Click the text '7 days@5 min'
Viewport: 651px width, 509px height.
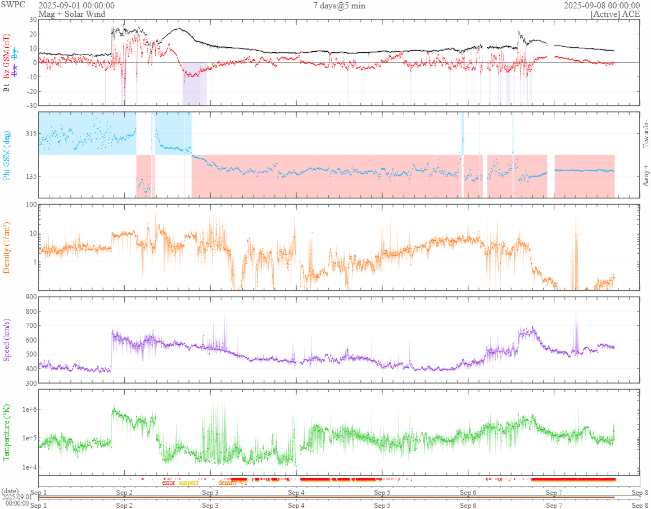339,6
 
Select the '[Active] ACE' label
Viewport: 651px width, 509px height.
615,13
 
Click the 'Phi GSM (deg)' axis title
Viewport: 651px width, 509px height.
7,155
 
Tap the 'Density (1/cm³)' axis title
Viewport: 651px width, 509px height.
7,247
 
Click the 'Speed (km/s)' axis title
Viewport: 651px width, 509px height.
7,340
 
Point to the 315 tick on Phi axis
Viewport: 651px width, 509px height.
30,134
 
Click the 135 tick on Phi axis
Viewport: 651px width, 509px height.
30,176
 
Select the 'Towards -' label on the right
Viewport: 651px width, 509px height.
645,134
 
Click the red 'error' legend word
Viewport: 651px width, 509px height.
169,483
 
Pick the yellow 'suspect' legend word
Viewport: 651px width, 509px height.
188,483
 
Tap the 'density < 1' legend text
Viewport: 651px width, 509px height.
233,483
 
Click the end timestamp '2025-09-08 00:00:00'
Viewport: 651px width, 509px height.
602,6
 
